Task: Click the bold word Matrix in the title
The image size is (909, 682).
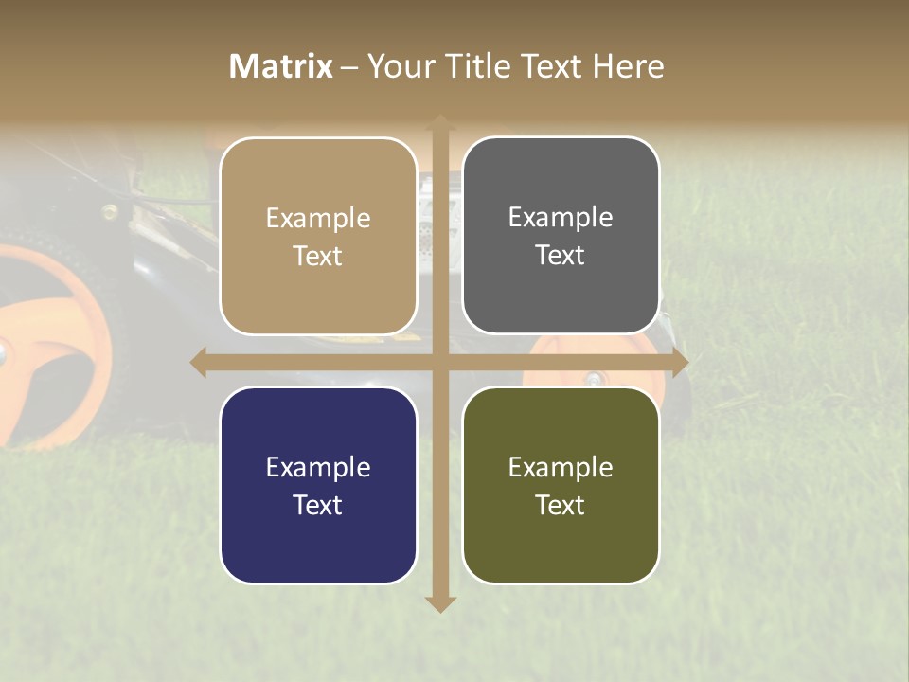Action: [x=281, y=66]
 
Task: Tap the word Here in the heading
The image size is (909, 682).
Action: [x=628, y=66]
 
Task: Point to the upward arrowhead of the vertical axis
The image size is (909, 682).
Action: [x=439, y=122]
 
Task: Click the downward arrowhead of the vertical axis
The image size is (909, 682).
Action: [x=439, y=603]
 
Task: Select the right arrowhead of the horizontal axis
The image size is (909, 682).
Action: [x=679, y=362]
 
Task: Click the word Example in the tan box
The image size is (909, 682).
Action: [x=318, y=219]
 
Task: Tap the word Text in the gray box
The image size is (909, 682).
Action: [x=561, y=256]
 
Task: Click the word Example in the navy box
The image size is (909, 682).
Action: [x=318, y=467]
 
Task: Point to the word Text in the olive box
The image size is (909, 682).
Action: [x=561, y=505]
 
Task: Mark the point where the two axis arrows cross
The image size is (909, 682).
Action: [x=439, y=362]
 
